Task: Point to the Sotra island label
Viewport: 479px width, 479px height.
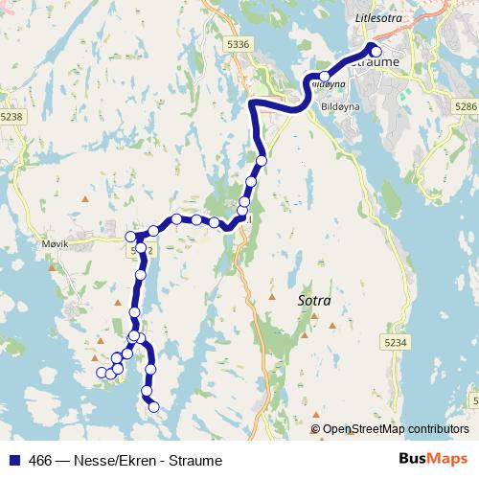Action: click(314, 301)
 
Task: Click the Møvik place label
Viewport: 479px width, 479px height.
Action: click(56, 243)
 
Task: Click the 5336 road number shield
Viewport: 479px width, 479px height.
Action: click(239, 44)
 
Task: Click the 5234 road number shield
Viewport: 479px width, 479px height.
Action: click(396, 342)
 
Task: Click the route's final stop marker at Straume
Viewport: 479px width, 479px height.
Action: click(376, 52)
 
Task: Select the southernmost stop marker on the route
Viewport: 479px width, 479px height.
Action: click(153, 408)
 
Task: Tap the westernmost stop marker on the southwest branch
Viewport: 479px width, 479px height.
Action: click(100, 373)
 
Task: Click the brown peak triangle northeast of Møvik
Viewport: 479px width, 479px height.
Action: click(85, 199)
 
